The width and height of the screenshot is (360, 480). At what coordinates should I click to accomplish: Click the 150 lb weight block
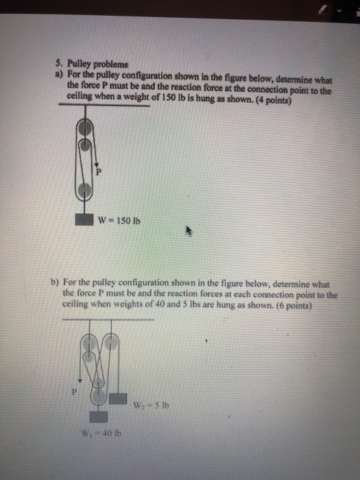pyautogui.click(x=84, y=220)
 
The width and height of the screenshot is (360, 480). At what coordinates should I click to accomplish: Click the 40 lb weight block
pyautogui.click(x=99, y=416)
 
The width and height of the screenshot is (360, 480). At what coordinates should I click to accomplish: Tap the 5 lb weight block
pyautogui.click(x=118, y=398)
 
